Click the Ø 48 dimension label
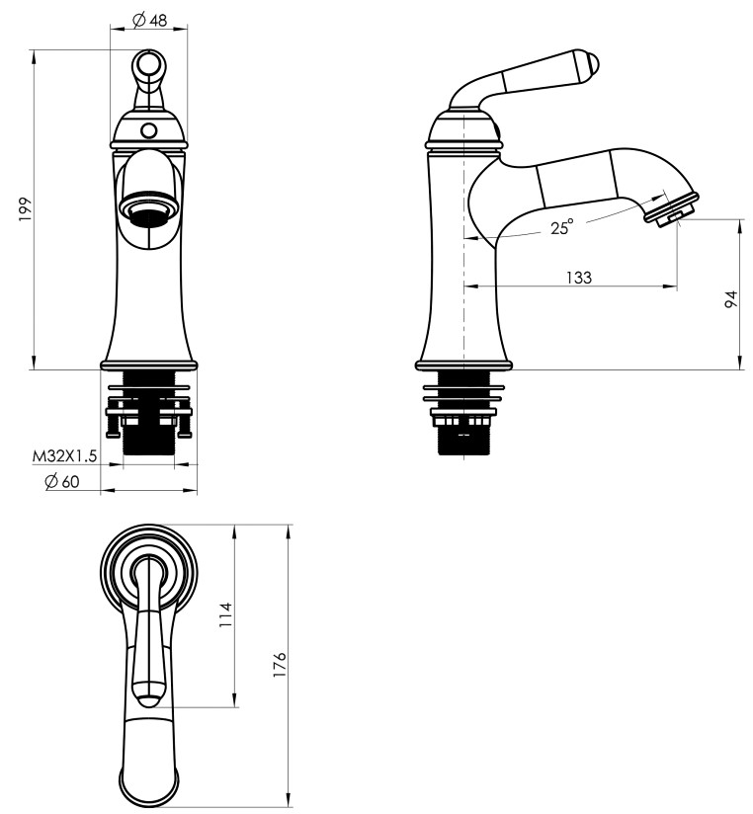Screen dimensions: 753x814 149,20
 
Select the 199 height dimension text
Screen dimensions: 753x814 26,209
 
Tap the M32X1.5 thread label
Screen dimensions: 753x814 64,455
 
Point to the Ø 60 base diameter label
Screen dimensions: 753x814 62,481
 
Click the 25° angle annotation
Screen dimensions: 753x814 562,227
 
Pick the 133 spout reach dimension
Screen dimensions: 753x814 578,278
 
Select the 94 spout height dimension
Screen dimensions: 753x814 730,299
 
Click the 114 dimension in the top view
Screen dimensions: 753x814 226,614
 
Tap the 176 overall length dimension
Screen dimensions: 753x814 279,664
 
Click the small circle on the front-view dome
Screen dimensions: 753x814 149,129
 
